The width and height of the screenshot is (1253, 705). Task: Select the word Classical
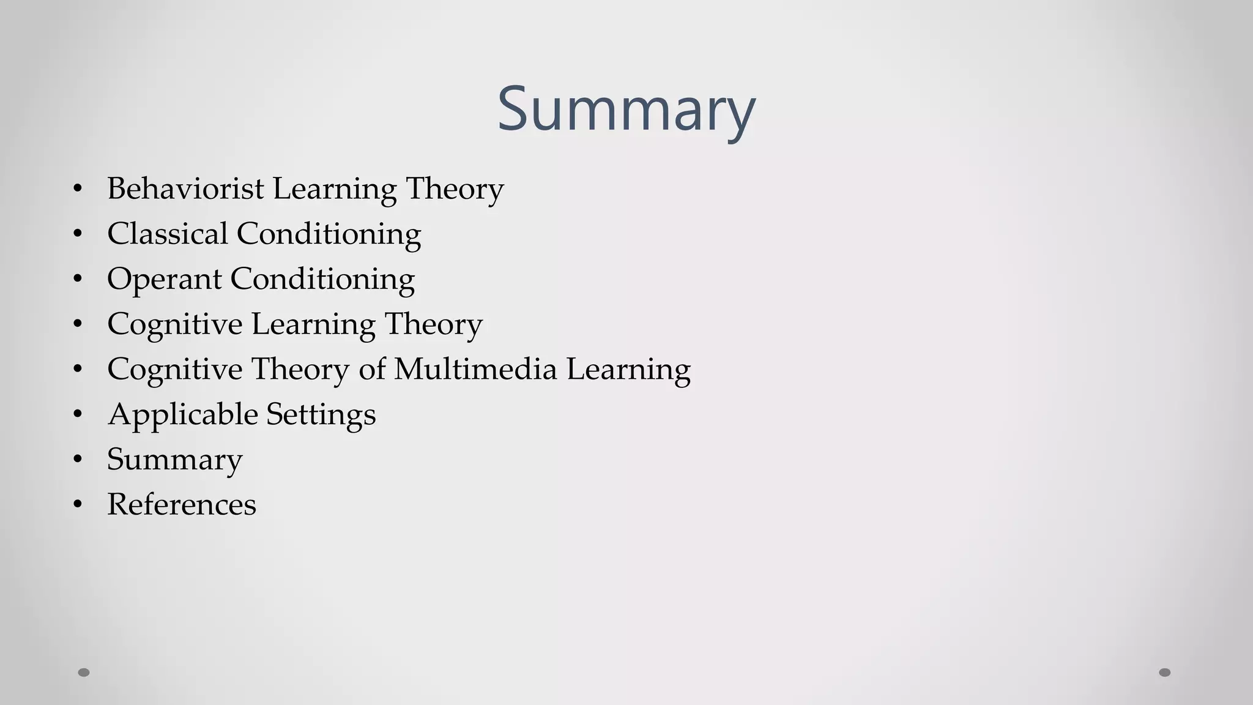[167, 234]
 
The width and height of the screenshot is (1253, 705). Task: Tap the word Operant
[164, 280]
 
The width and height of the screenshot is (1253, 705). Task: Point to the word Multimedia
[475, 369]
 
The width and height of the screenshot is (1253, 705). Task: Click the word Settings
[321, 415]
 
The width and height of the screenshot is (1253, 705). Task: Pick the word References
[181, 505]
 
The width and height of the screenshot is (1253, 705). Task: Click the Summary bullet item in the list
[174, 460]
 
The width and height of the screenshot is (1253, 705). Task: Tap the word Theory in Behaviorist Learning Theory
[455, 188]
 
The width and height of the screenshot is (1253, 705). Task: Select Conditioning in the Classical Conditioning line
[329, 234]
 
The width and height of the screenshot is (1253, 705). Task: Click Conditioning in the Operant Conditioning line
[322, 279]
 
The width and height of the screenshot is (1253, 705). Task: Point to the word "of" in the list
[372, 369]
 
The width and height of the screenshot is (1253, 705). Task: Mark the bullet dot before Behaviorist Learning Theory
[77, 188]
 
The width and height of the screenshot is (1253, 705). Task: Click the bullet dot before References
[77, 505]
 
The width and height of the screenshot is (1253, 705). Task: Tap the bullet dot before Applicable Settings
[77, 414]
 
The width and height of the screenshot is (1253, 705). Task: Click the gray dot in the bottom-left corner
[84, 673]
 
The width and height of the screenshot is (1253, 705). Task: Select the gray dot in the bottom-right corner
[1165, 673]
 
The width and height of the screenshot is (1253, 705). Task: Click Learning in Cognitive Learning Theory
[313, 324]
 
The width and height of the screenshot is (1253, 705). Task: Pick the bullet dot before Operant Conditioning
[77, 279]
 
